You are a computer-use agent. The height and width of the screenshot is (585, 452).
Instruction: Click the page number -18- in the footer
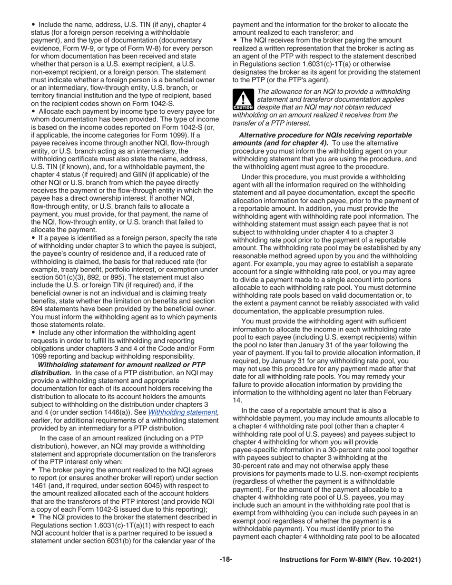(x=226, y=560)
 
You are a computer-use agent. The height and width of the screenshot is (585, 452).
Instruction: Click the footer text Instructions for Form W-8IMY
(x=350, y=560)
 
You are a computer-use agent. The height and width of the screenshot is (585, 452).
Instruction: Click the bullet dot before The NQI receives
(x=235, y=40)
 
